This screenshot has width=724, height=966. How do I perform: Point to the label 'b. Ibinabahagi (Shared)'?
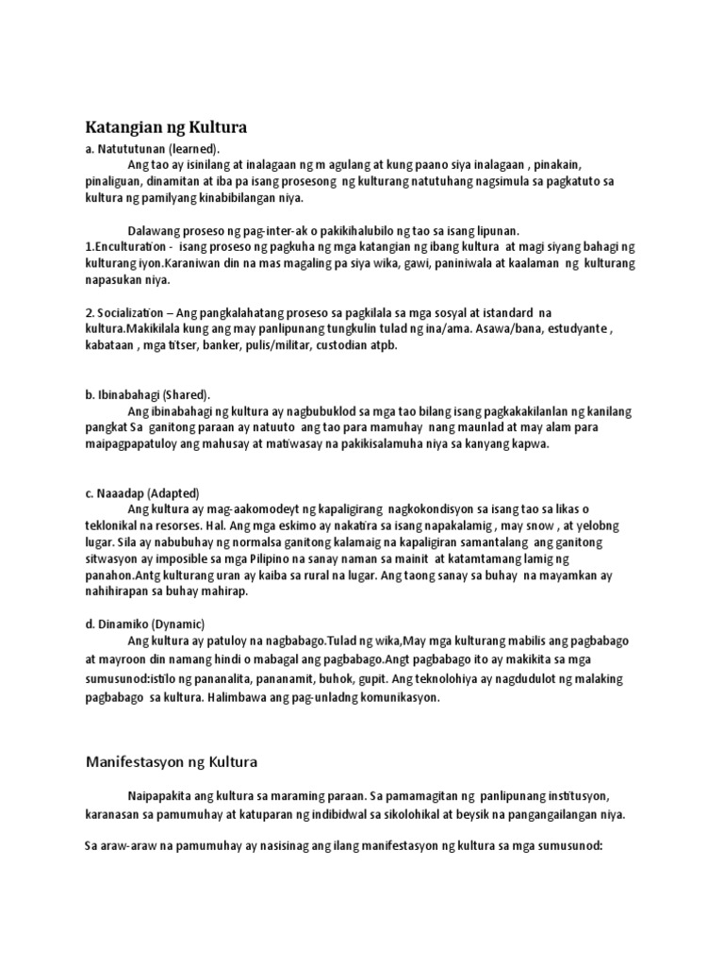[148, 394]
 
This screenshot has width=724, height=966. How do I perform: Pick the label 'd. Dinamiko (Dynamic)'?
[144, 625]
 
